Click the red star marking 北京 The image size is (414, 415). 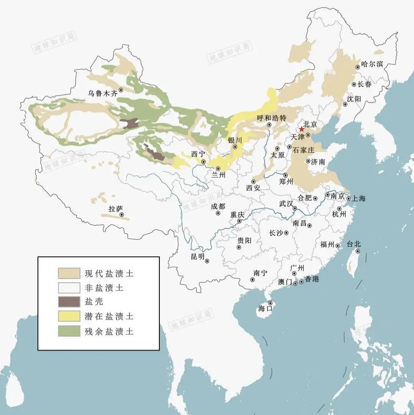click(x=302, y=130)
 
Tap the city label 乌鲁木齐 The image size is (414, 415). click(x=101, y=93)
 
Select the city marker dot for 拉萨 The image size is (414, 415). click(x=122, y=215)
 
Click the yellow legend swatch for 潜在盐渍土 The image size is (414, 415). click(x=69, y=316)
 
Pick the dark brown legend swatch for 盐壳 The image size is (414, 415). click(x=69, y=301)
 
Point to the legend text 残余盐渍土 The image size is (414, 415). click(x=109, y=331)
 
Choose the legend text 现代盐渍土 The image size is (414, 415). click(x=109, y=273)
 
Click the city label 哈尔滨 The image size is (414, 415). click(x=372, y=64)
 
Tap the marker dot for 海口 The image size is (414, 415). click(x=270, y=303)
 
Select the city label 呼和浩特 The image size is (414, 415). click(x=272, y=118)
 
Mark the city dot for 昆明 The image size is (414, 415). click(x=207, y=261)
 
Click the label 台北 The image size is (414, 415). click(x=354, y=244)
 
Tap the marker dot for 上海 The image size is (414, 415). click(x=348, y=198)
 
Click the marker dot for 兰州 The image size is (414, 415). click(x=218, y=169)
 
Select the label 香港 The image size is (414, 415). click(x=312, y=279)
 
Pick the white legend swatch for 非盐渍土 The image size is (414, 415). click(x=69, y=287)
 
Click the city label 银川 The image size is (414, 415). click(x=235, y=140)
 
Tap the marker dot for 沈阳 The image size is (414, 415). click(x=345, y=104)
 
